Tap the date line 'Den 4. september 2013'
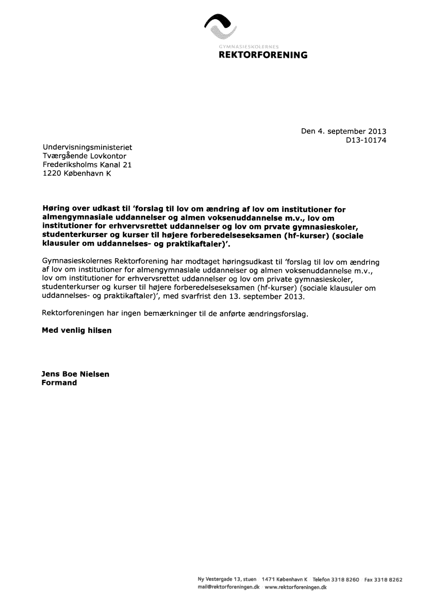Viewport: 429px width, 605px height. point(343,131)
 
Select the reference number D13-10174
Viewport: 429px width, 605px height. point(366,140)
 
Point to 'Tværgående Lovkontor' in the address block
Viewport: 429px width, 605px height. point(84,156)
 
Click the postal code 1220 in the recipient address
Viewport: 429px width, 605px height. point(51,174)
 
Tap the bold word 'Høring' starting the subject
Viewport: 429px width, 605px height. point(55,209)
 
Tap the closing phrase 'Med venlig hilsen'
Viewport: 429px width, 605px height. point(76,330)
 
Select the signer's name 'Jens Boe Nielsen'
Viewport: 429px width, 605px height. point(75,374)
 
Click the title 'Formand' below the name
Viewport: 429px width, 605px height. point(59,383)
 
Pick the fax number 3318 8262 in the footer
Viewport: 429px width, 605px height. point(389,580)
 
